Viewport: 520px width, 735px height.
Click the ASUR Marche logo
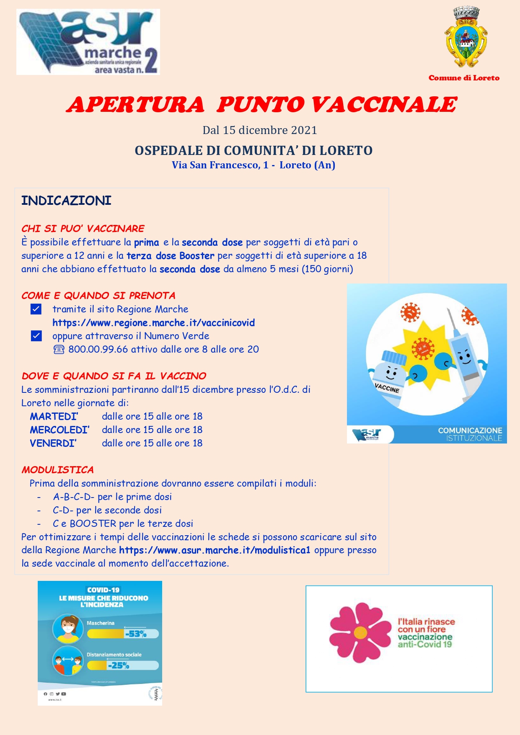click(88, 42)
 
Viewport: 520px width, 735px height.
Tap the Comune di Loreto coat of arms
click(466, 38)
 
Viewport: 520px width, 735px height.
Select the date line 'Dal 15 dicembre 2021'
click(260, 130)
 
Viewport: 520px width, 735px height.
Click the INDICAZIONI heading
click(66, 201)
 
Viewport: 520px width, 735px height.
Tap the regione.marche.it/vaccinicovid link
click(153, 323)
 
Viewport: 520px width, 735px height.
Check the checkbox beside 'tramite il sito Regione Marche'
click(36, 309)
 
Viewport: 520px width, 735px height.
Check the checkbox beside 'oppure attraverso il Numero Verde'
click(36, 336)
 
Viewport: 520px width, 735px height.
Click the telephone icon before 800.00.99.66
click(59, 349)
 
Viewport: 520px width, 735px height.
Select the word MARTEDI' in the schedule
click(54, 416)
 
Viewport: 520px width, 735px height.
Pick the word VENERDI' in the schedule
click(53, 443)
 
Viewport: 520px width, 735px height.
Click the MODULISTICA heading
click(58, 470)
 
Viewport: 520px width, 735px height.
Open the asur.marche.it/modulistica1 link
click(215, 550)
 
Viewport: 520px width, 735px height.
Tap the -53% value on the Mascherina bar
click(136, 634)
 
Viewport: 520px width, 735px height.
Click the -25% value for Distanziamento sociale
click(119, 665)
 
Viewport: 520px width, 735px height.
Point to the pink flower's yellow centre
click(360, 632)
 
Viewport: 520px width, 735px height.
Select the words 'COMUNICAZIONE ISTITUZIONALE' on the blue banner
click(470, 434)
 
